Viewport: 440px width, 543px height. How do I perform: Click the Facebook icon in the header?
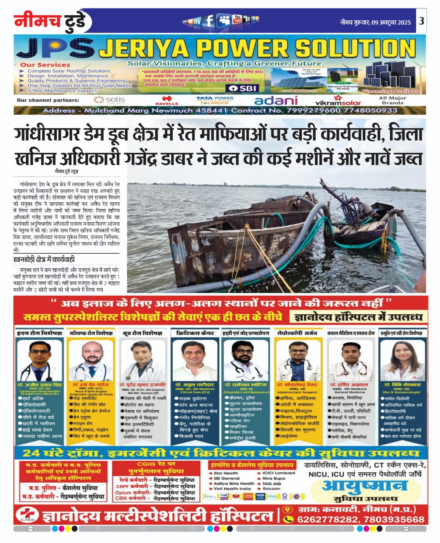pos(209,20)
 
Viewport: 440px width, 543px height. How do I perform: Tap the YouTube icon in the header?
pos(237,20)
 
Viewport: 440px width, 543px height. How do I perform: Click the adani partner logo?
pos(276,101)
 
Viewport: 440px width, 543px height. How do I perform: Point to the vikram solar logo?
pos(338,101)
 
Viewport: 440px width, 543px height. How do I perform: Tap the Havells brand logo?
pos(167,101)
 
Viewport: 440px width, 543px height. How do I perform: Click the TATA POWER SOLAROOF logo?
pos(215,100)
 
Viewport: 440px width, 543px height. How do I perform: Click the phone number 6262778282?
pos(325,519)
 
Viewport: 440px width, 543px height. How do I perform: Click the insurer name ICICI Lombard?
pos(278,473)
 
